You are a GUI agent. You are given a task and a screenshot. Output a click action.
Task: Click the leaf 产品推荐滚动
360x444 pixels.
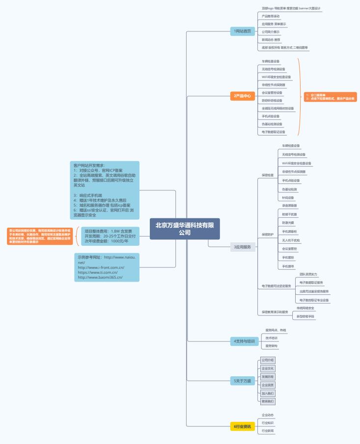(271, 16)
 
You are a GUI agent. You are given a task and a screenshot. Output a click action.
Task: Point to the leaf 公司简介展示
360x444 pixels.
(271, 32)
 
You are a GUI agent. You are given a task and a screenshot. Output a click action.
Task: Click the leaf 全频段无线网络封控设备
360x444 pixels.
(277, 108)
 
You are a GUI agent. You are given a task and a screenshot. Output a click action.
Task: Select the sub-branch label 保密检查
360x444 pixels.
(268, 175)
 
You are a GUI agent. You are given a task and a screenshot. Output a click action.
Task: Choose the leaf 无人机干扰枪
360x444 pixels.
(291, 240)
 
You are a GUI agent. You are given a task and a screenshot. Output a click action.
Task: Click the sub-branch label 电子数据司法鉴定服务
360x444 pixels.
(276, 286)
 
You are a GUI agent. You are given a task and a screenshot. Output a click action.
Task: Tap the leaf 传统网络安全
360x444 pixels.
(305, 308)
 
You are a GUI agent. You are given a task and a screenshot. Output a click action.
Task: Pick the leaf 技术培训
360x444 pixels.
(271, 338)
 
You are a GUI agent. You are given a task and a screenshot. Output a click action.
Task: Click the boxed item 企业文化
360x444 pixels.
(268, 368)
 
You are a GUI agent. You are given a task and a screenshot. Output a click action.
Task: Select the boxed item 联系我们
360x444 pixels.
(268, 401)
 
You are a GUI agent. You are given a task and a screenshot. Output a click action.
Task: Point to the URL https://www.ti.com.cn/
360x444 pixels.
(98, 272)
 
